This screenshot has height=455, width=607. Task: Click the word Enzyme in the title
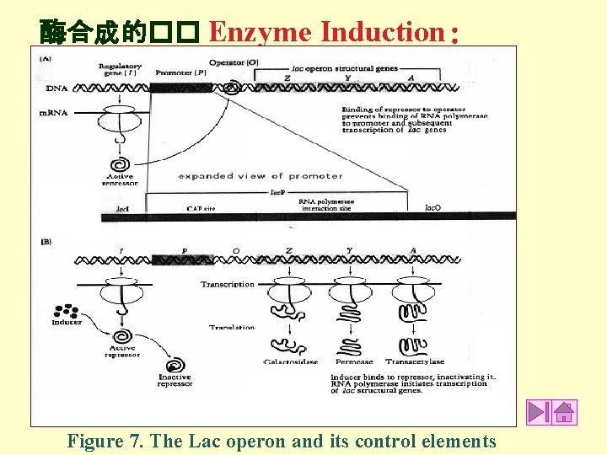click(x=261, y=32)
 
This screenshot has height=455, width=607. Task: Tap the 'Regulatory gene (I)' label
click(x=119, y=69)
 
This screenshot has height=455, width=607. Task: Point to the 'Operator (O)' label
click(x=234, y=62)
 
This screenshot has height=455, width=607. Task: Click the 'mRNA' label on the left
click(x=54, y=112)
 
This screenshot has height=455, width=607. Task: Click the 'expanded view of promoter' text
click(x=261, y=176)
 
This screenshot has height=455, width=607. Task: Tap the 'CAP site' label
click(x=201, y=209)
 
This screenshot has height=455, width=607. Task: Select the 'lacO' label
click(x=432, y=206)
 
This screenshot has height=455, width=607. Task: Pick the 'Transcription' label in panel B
click(x=227, y=284)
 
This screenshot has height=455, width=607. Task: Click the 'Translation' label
click(x=232, y=327)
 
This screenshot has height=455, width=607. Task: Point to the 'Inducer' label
click(x=67, y=322)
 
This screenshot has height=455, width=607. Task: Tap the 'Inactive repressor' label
click(x=175, y=380)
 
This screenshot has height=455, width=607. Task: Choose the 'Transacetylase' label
click(x=414, y=362)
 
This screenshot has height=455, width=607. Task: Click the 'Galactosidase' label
click(x=290, y=362)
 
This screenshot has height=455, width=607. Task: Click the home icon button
click(x=564, y=412)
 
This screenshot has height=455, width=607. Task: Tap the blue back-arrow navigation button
click(x=539, y=412)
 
